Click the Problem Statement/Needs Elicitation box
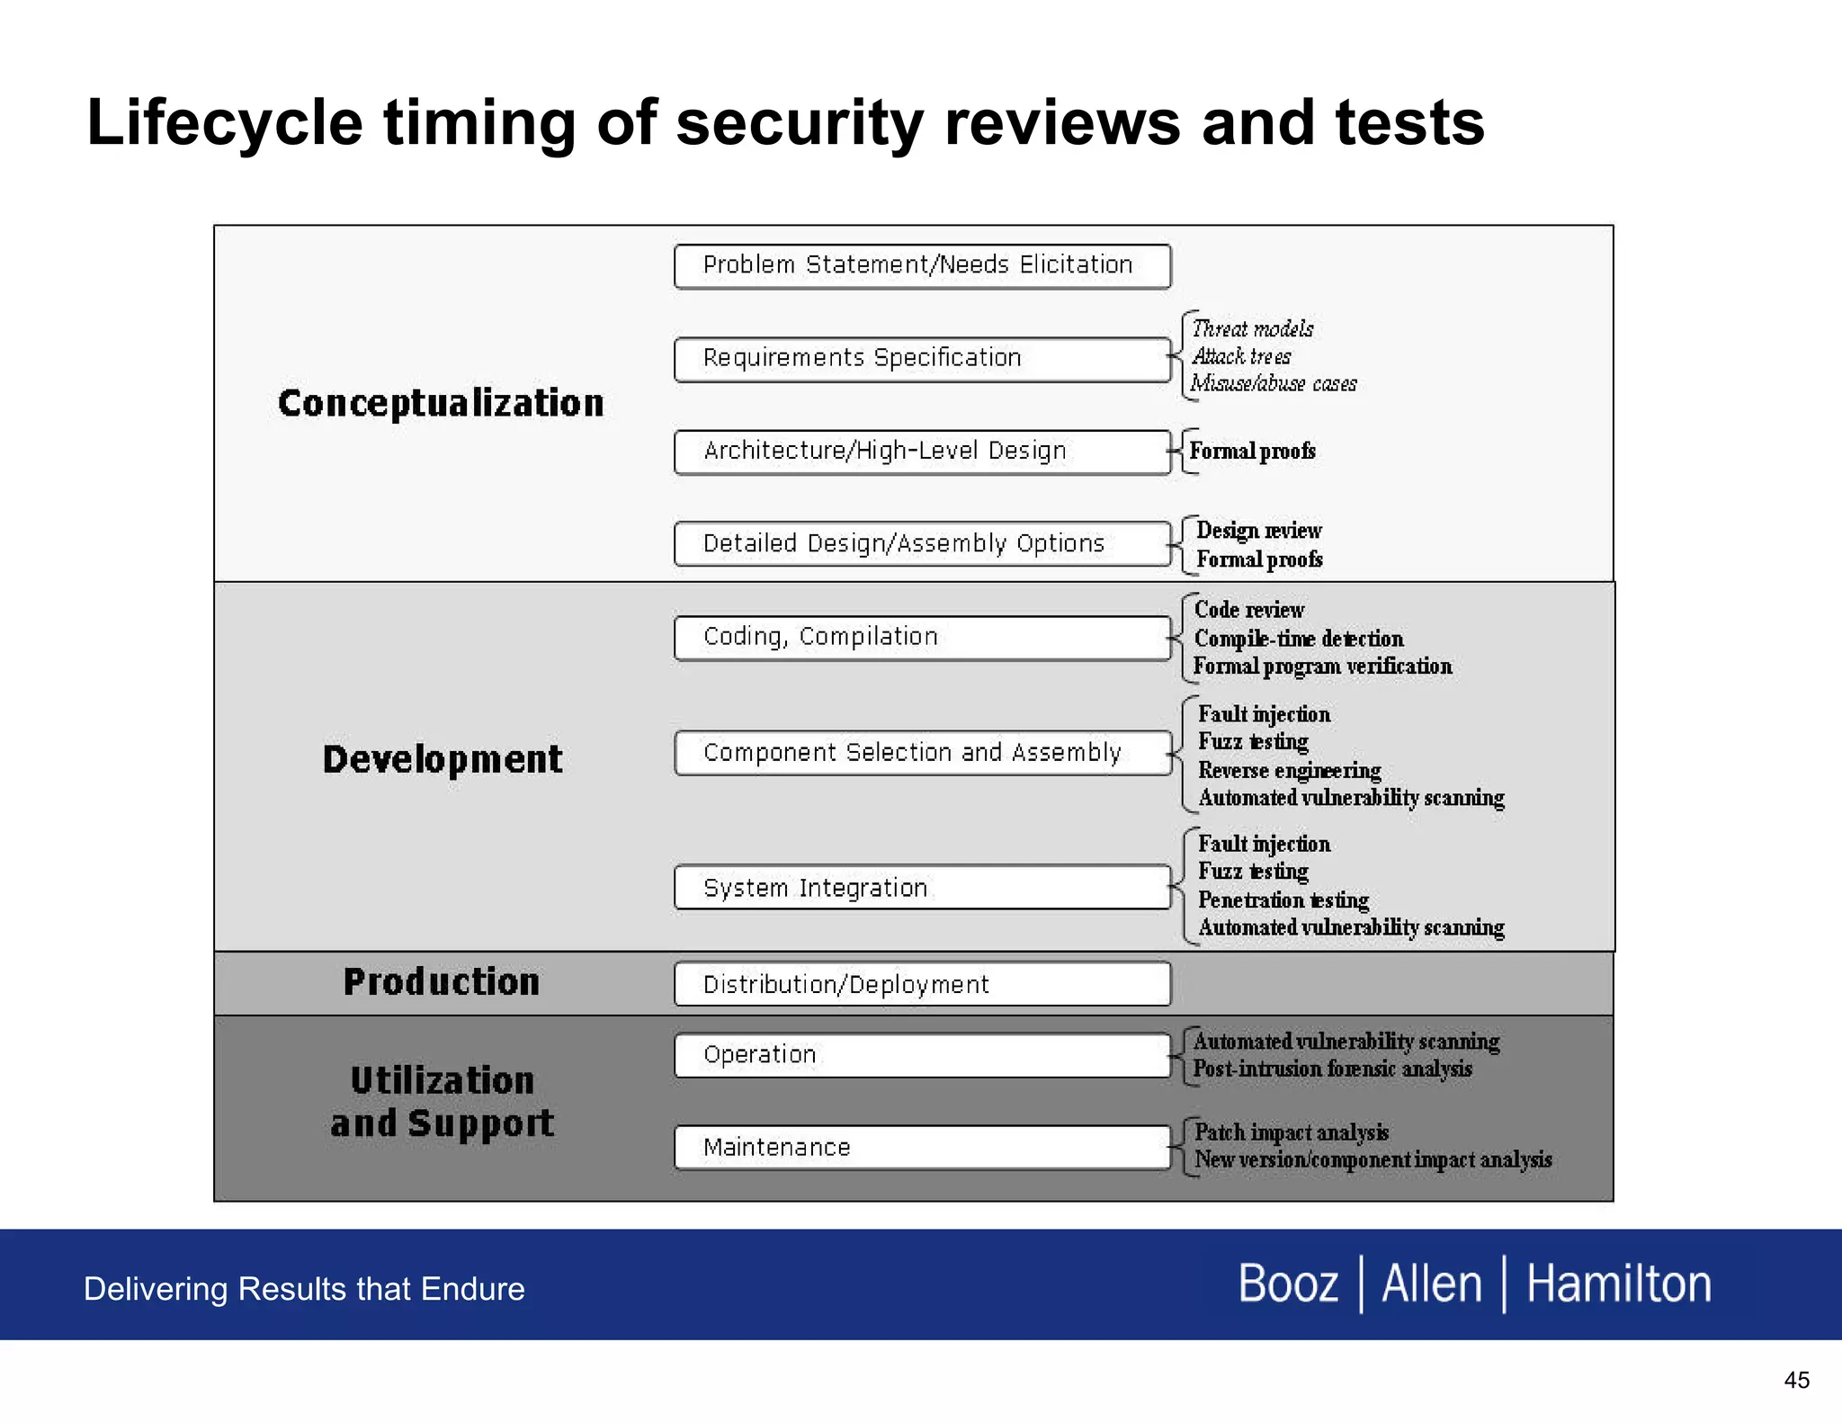922,266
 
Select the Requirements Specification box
922,359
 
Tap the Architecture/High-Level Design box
922,452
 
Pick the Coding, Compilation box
922,638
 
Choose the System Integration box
922,888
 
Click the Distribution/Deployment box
922,984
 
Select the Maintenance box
922,1148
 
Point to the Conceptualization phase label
441,403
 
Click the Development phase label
443,759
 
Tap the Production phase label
442,981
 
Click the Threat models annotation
1252,329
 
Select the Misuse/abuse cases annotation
1274,384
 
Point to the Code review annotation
1248,610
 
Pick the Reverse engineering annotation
1289,771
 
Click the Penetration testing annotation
1283,900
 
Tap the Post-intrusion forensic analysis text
1332,1069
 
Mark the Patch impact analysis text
1291,1132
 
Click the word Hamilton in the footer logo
1618,1284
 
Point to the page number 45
1796,1380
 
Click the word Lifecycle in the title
225,123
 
